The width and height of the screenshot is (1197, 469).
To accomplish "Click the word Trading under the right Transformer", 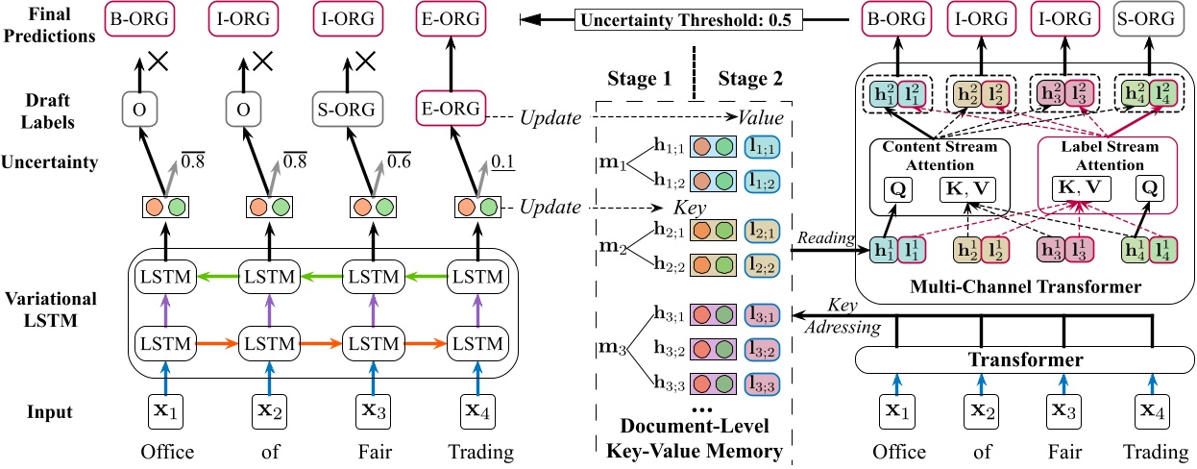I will point(1151,452).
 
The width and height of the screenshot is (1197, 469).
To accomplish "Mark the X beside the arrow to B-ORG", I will point(158,62).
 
